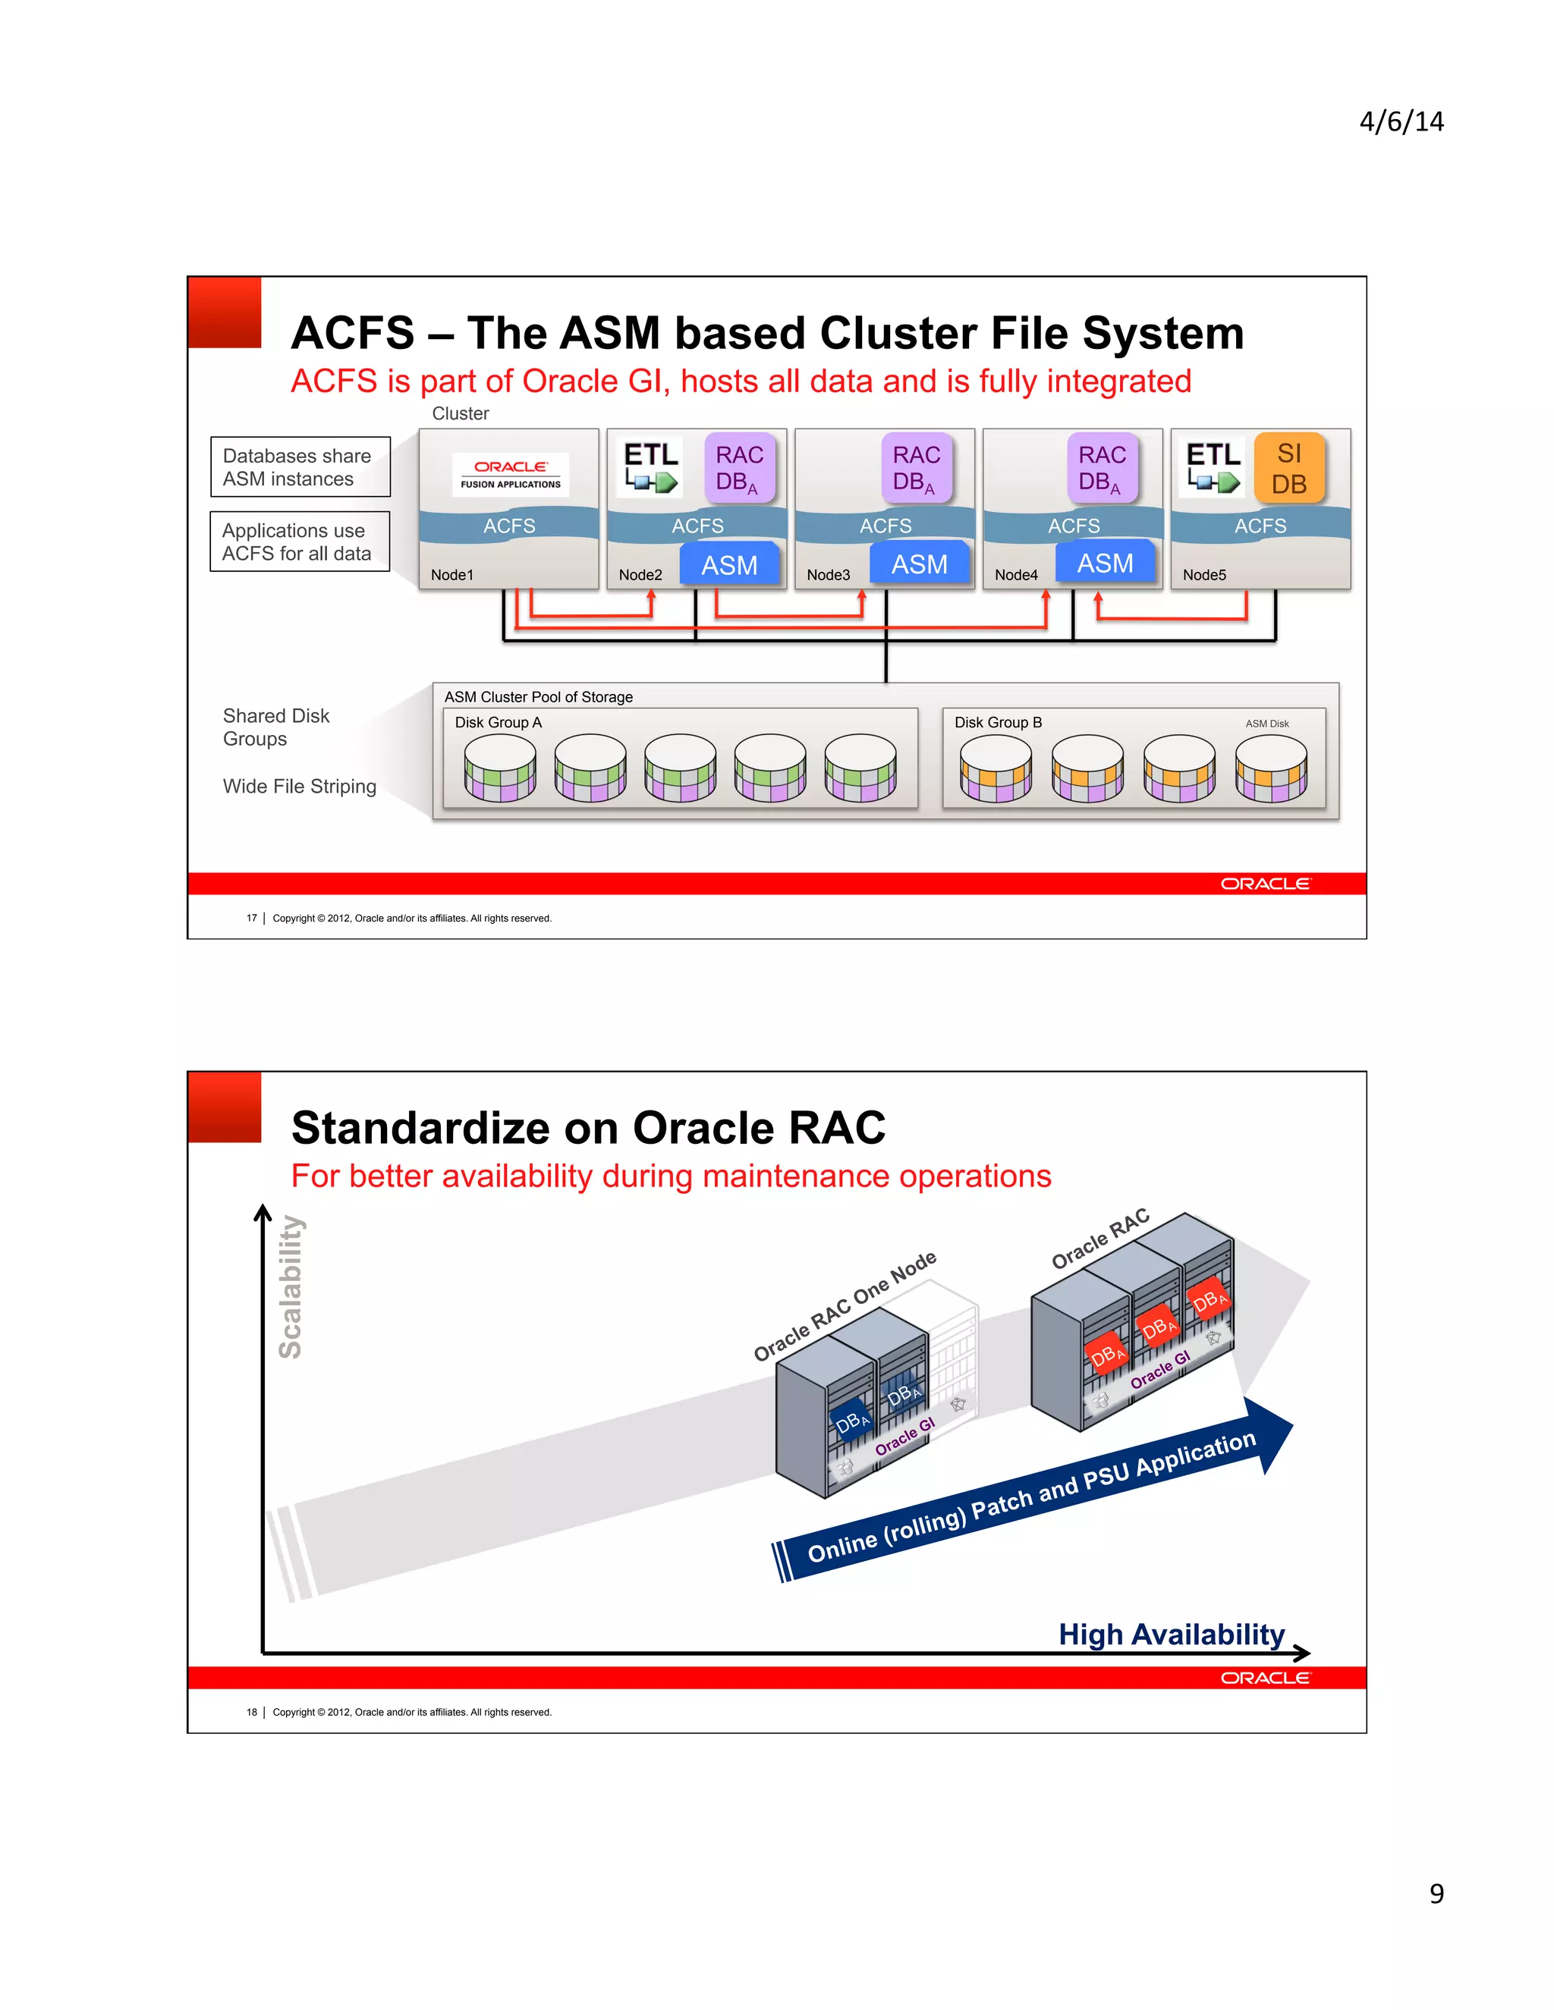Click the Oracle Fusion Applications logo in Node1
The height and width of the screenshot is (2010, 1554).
tap(510, 473)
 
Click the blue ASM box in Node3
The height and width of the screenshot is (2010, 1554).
tap(919, 564)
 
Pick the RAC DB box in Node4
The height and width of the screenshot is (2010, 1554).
tap(1101, 469)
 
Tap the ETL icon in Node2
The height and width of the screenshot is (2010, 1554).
tap(650, 466)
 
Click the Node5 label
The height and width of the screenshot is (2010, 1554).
tap(1203, 575)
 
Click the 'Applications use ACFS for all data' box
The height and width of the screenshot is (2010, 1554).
tap(299, 542)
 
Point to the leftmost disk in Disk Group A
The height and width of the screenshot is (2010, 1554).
tap(500, 768)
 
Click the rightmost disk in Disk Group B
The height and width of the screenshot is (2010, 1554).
tap(1270, 768)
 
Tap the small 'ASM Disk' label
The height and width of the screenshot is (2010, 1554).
tap(1266, 724)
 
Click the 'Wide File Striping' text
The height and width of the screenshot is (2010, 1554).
tap(299, 786)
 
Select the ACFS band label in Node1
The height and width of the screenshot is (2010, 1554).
tap(509, 526)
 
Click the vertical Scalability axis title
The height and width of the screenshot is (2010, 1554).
tap(290, 1286)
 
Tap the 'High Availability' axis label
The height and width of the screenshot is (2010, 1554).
tap(1171, 1634)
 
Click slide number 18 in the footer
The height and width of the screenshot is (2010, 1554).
tap(251, 1712)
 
